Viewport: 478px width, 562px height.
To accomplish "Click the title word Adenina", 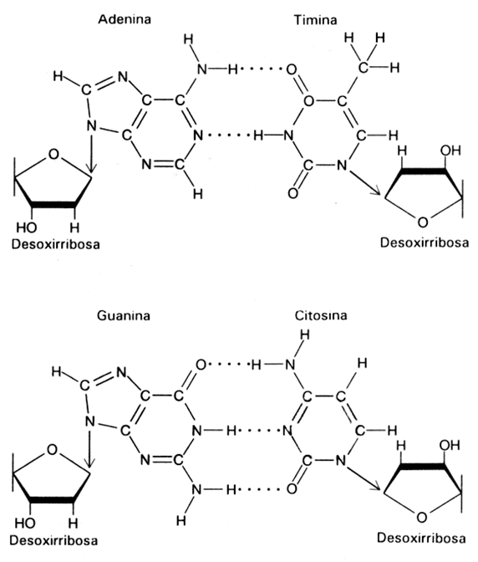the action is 125,19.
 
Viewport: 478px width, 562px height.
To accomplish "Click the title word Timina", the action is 315,20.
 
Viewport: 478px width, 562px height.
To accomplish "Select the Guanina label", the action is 124,316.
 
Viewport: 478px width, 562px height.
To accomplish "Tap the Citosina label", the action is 321,315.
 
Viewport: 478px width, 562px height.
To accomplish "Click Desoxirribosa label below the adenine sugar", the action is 56,244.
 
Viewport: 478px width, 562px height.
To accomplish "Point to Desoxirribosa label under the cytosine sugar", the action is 421,538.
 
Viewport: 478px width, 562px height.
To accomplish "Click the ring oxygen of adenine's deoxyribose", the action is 53,154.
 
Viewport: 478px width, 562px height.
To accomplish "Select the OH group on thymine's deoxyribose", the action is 450,151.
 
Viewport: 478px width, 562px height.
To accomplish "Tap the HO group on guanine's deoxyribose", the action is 25,524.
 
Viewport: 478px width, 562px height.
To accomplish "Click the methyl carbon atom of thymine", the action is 363,68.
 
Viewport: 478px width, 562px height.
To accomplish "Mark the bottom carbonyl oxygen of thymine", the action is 292,193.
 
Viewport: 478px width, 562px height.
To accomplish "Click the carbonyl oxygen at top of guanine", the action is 201,365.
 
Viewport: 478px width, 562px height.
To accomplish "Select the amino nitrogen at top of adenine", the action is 202,69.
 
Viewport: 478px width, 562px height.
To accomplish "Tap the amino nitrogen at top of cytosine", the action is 290,365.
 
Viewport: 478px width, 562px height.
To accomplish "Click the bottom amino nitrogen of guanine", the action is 196,489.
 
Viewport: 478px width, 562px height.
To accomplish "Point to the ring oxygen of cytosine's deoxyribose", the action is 422,518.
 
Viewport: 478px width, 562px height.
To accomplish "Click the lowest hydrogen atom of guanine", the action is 181,520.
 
